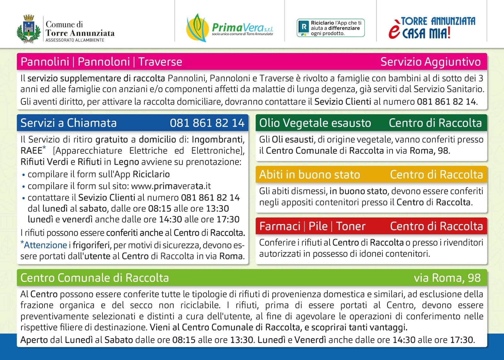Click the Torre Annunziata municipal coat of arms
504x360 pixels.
pyautogui.click(x=29, y=29)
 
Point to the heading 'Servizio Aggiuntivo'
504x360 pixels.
pyautogui.click(x=431, y=62)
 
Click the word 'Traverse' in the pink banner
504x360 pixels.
pyautogui.click(x=160, y=62)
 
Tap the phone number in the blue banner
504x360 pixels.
pyautogui.click(x=207, y=123)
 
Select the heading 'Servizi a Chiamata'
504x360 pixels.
pyautogui.click(x=69, y=123)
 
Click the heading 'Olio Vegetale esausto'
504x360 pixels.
pyautogui.click(x=315, y=123)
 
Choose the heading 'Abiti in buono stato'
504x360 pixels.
pyautogui.click(x=310, y=175)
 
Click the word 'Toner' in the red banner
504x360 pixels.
pyautogui.click(x=351, y=226)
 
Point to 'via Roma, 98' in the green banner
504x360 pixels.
pyautogui.click(x=447, y=278)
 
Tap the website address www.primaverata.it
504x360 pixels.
pyautogui.click(x=171, y=186)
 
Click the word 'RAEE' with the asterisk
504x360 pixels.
pyautogui.click(x=33, y=150)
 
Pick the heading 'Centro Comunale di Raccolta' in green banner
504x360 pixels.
pyautogui.click(x=95, y=278)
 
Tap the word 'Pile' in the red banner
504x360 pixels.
pyautogui.click(x=318, y=226)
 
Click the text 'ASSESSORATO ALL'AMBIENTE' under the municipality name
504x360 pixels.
pyautogui.click(x=75, y=40)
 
